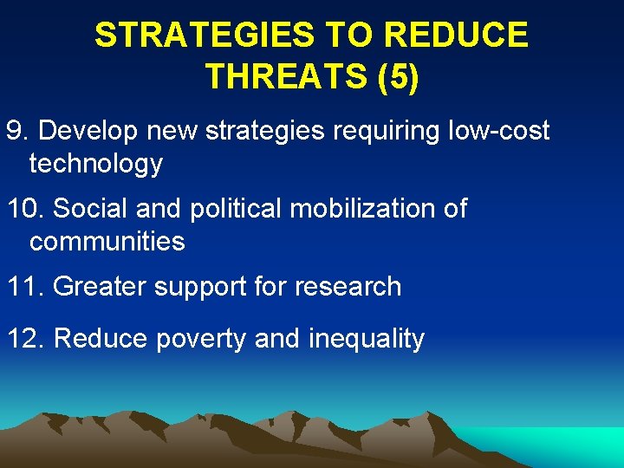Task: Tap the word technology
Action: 95,163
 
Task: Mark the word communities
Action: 107,241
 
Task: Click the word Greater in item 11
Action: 101,287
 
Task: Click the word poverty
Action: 201,339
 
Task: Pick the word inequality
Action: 367,339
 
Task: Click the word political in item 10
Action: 227,209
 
